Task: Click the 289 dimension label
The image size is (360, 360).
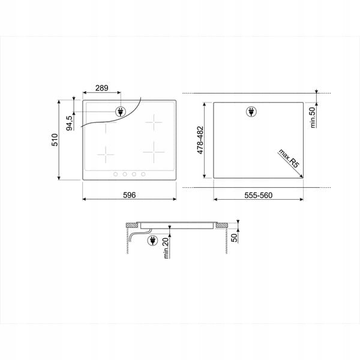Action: tap(102, 88)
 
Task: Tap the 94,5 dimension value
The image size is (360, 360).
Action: tap(69, 123)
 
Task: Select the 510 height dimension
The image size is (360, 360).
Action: tap(55, 140)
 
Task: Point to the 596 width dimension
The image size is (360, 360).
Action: tap(130, 195)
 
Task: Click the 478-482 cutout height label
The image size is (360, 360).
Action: tap(200, 140)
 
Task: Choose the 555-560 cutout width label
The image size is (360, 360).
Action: tap(258, 196)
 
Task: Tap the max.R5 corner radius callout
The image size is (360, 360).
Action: tap(289, 158)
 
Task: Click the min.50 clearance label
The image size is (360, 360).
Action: tap(313, 118)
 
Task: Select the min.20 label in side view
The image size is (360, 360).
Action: tap(166, 248)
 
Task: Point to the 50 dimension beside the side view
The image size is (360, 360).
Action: tap(234, 238)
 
